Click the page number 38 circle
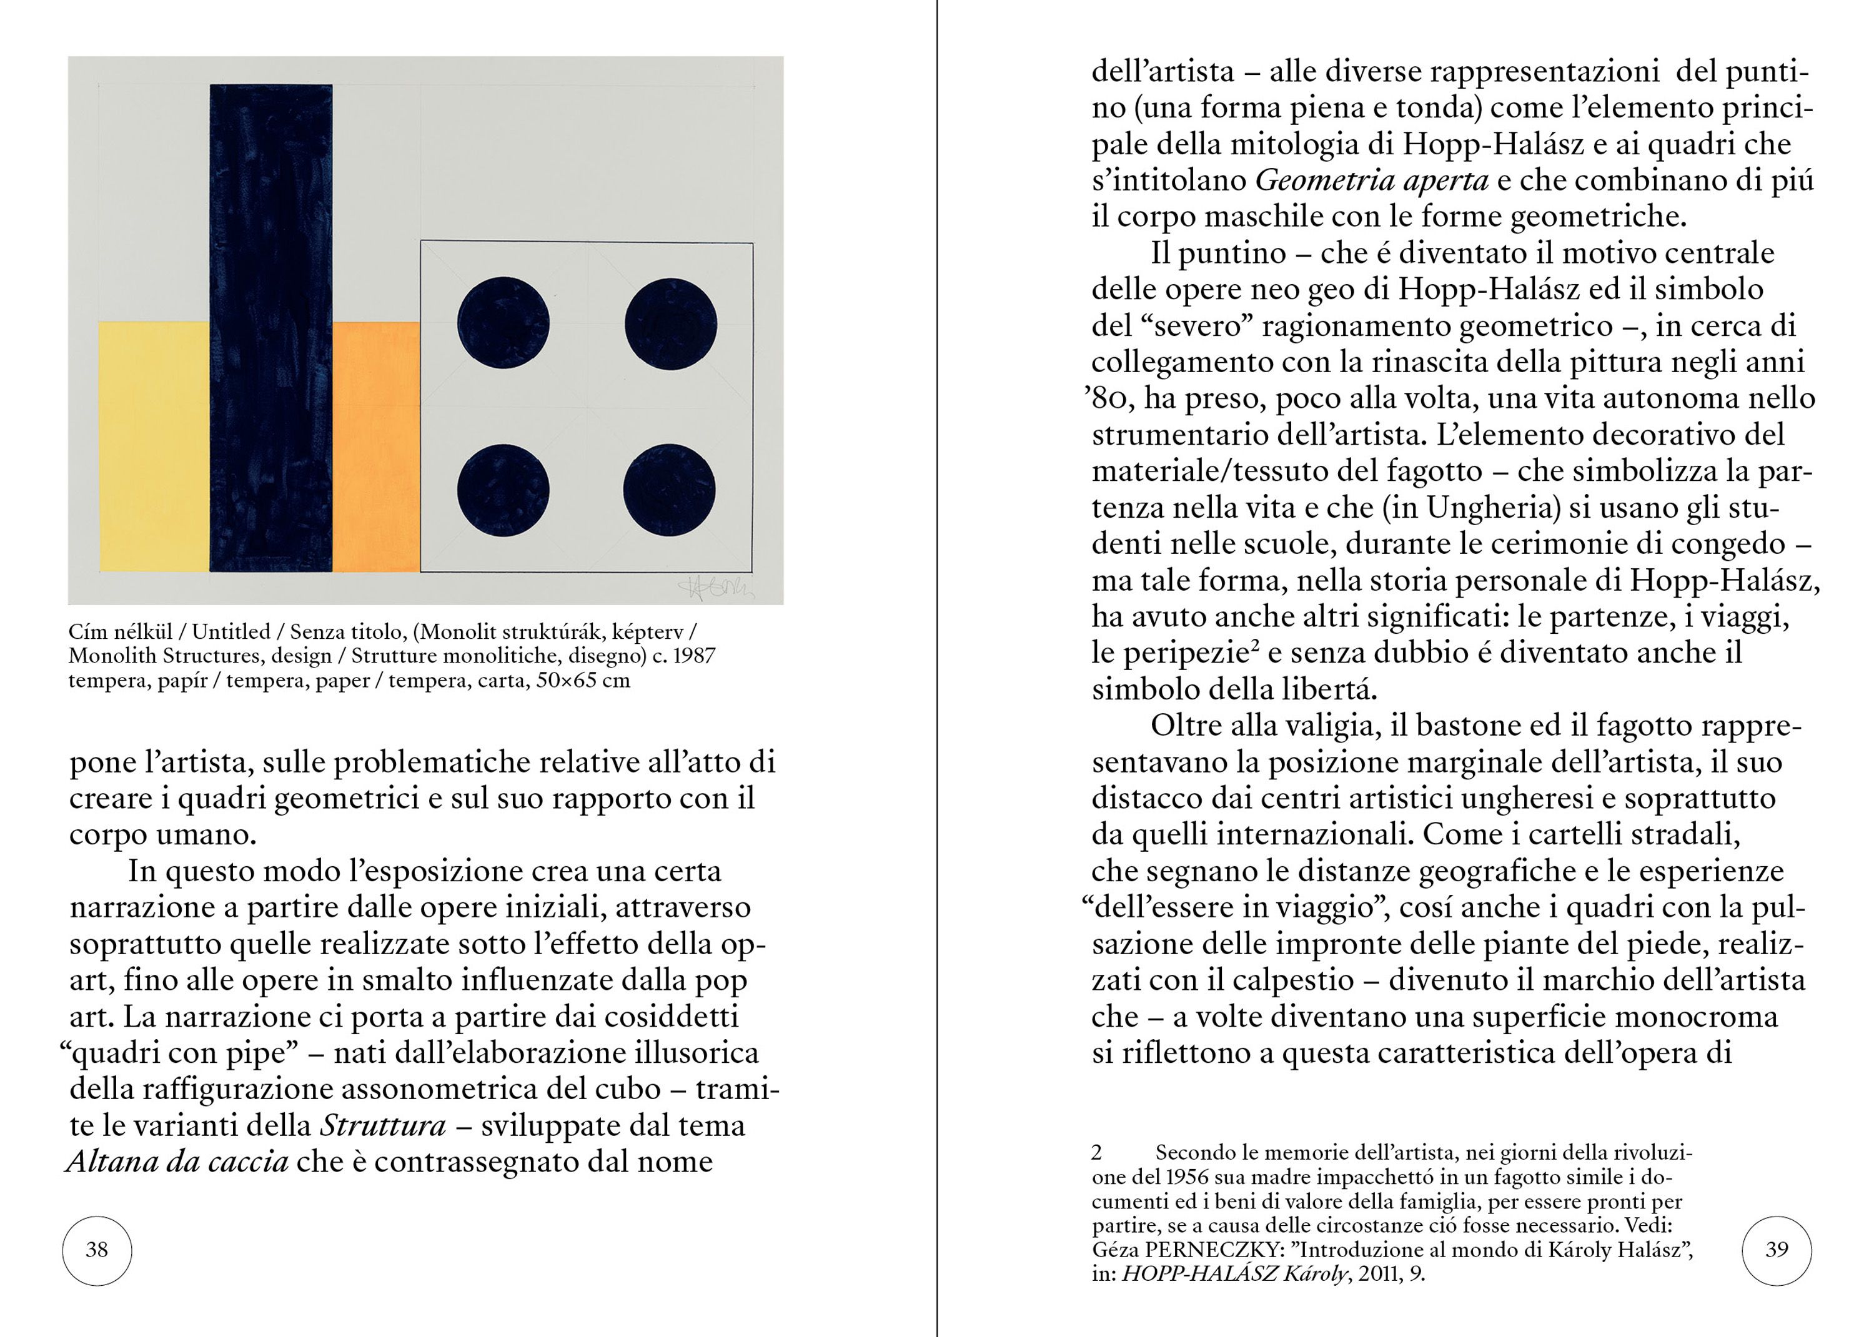97,1250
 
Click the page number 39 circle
1777,1250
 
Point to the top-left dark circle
503,323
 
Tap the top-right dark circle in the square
670,323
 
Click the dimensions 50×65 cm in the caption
582,681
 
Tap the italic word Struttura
383,1125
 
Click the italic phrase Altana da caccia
178,1162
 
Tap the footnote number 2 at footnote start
1097,1153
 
